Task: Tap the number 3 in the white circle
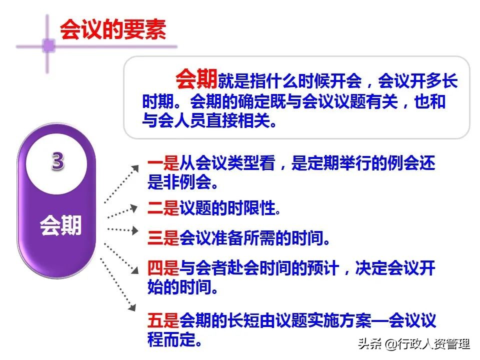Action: [x=57, y=161]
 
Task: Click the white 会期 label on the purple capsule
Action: [x=60, y=226]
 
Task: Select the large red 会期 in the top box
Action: [x=196, y=79]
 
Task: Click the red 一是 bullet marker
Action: [x=163, y=164]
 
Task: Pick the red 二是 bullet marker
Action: [x=163, y=207]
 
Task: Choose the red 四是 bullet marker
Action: [x=163, y=268]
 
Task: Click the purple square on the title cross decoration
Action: [x=48, y=45]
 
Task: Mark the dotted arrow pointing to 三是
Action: [x=122, y=230]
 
